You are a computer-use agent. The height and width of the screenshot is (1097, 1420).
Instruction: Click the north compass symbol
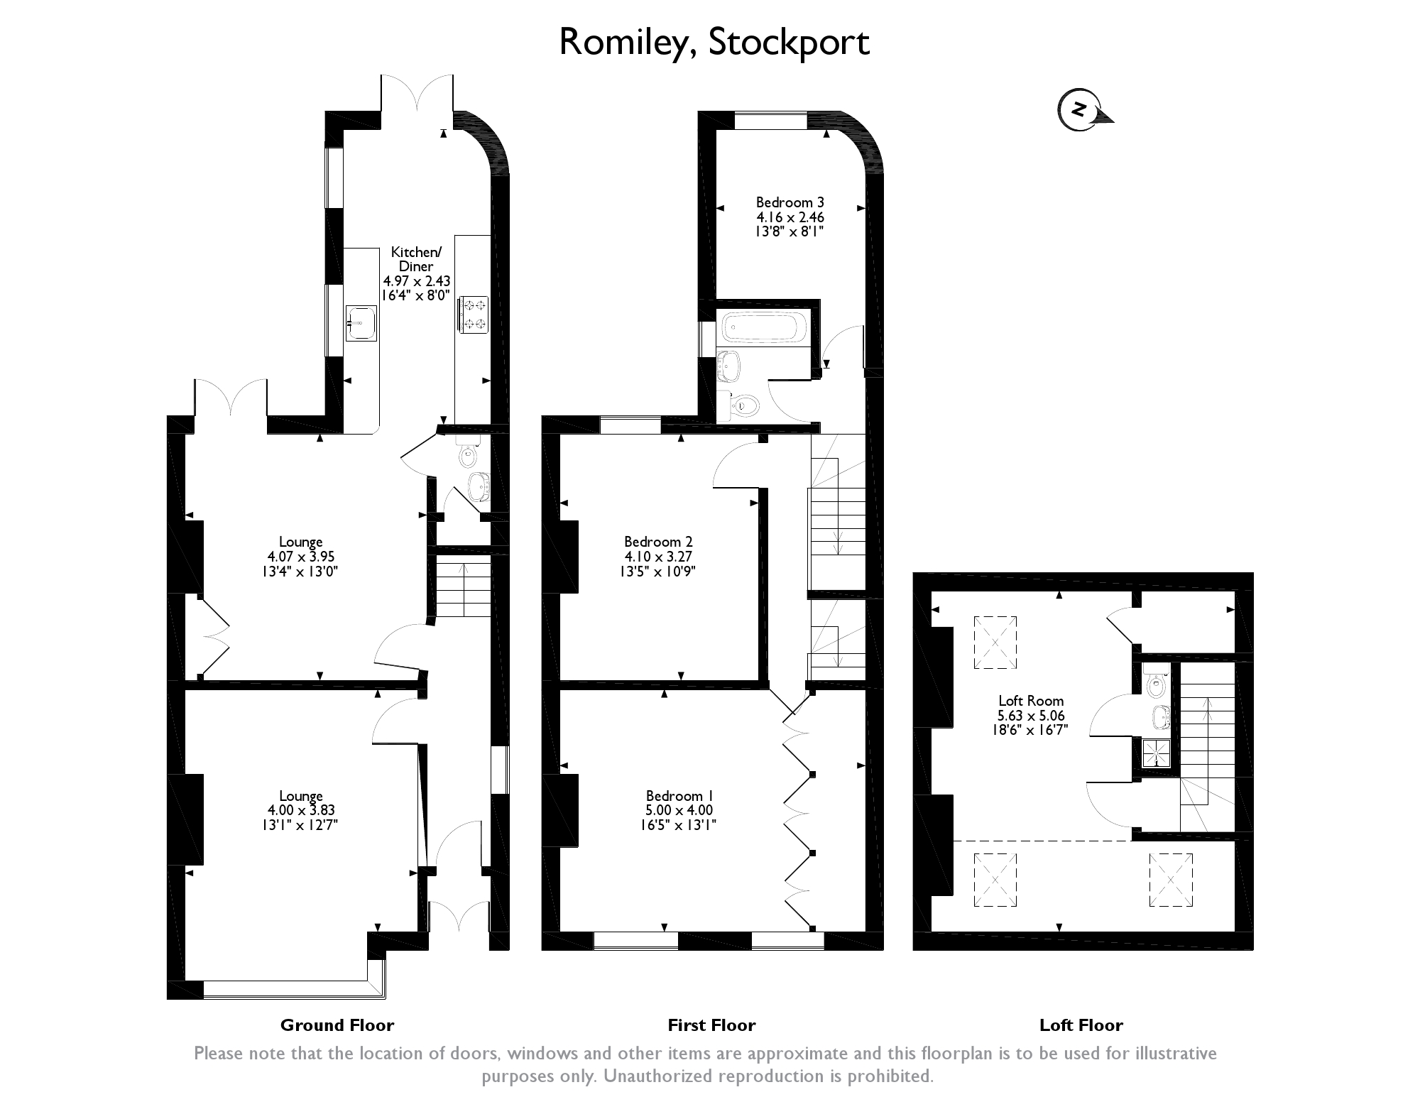click(x=1081, y=110)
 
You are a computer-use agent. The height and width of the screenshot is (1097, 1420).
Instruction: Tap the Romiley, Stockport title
click(x=714, y=42)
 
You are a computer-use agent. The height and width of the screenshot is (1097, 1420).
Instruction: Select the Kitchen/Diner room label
click(x=416, y=259)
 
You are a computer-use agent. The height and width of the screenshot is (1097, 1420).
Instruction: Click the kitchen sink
click(x=361, y=323)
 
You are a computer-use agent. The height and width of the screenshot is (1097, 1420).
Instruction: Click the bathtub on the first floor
click(x=763, y=329)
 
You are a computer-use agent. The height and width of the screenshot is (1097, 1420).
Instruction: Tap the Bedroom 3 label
click(x=790, y=202)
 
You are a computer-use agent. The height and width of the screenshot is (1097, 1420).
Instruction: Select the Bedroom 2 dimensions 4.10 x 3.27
click(x=658, y=557)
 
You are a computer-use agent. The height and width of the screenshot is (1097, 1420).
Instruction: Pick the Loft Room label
click(x=1031, y=702)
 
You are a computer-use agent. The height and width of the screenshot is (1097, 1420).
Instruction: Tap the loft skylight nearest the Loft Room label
click(x=995, y=643)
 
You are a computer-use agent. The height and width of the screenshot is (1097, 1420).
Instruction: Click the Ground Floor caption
click(x=337, y=1025)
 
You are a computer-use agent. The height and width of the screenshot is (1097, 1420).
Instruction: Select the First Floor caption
click(x=711, y=1025)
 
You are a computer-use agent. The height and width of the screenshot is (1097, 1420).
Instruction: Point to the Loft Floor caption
click(x=1081, y=1025)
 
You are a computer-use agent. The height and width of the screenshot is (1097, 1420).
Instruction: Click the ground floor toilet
click(x=467, y=454)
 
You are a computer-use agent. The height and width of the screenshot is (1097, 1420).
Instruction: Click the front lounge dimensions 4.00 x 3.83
click(x=301, y=810)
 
